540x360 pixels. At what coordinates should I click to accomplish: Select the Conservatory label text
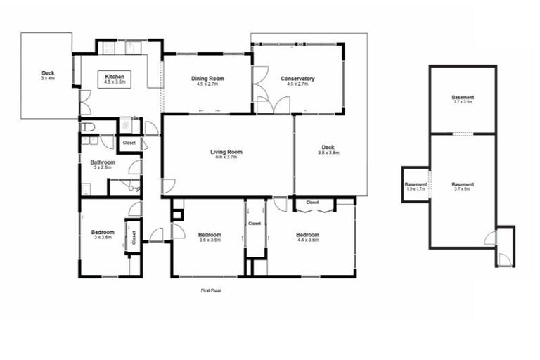(297, 78)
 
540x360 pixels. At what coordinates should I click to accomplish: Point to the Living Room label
(226, 152)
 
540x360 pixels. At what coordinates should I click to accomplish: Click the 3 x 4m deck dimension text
(48, 79)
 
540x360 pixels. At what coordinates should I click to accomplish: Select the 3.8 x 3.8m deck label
(328, 153)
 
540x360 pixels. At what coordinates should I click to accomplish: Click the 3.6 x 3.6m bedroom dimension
(209, 240)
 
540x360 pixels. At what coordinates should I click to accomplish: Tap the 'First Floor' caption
(211, 289)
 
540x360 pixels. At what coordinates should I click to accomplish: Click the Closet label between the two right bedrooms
(255, 224)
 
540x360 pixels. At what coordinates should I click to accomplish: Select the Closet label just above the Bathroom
(129, 143)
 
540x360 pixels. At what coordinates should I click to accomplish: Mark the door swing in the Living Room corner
(168, 186)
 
